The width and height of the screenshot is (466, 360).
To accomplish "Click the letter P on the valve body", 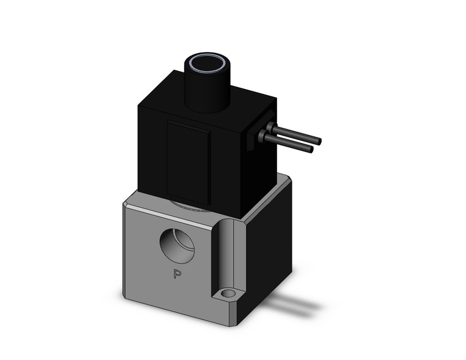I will (x=177, y=274).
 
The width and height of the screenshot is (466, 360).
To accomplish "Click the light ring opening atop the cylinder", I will (x=207, y=64).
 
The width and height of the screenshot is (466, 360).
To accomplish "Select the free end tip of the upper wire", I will (x=318, y=141).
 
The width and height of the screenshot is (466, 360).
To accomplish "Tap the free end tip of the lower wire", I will (x=311, y=149).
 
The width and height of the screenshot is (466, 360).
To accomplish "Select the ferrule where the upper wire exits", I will (x=269, y=127).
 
